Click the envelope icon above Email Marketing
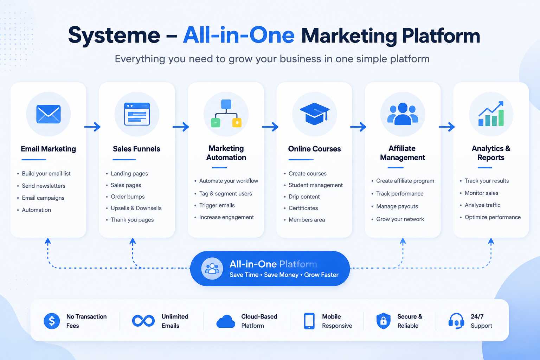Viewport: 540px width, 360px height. (48, 114)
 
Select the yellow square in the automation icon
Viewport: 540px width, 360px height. (237, 123)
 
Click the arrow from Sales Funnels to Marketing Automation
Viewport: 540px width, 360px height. (181, 127)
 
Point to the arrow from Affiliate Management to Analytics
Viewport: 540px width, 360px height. (447, 127)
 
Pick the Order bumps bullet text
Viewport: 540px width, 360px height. (128, 197)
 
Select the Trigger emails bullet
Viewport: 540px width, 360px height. (217, 205)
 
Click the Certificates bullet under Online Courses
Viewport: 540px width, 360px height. (303, 208)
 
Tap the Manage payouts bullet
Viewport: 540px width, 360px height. (397, 206)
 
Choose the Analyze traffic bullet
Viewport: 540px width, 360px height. (482, 205)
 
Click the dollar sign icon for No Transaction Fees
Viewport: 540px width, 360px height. (52, 321)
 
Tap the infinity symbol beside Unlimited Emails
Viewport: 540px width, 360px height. (143, 321)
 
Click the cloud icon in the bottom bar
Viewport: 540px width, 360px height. (226, 321)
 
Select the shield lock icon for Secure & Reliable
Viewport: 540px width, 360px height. (383, 321)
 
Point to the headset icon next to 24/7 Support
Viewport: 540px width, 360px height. (456, 321)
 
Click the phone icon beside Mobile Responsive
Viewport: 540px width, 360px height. (309, 321)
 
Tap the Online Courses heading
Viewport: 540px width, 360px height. (314, 149)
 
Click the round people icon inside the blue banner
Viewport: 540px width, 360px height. (212, 268)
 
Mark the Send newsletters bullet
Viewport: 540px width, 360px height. (43, 186)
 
